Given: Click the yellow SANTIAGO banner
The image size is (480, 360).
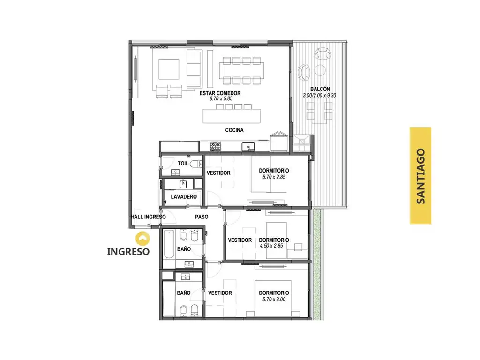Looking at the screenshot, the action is (x=420, y=175).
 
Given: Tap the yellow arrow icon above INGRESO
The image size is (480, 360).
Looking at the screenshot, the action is (x=142, y=239).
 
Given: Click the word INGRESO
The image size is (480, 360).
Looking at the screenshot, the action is (x=128, y=252).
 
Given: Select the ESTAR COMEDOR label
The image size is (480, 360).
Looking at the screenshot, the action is (x=220, y=93).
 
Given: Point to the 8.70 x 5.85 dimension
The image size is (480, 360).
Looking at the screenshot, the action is (x=221, y=99).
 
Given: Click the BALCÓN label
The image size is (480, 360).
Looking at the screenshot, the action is (x=320, y=89).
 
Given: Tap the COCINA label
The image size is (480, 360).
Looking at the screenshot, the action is (x=234, y=130).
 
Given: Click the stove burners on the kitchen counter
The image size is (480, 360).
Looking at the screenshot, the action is (x=216, y=146).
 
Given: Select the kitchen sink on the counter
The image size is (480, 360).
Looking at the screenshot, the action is (x=248, y=147).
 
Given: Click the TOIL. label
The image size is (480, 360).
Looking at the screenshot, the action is (x=183, y=164).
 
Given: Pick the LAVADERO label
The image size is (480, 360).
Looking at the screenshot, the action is (x=184, y=196).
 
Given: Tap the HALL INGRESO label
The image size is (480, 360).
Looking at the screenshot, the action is (x=149, y=217).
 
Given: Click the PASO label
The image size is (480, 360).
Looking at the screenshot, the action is (x=202, y=217).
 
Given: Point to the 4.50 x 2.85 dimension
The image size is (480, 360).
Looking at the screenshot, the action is (x=271, y=246).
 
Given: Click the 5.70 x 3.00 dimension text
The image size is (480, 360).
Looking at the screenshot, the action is (x=274, y=300).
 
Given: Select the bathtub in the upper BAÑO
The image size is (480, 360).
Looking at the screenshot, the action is (x=169, y=244).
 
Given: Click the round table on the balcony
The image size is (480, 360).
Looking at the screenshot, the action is (x=320, y=70).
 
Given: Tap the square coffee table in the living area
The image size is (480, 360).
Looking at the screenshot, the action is (x=169, y=69).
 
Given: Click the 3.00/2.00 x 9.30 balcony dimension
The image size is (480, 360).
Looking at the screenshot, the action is (x=320, y=95).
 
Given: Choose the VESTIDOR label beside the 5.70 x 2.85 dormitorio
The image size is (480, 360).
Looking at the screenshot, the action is (x=218, y=173).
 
